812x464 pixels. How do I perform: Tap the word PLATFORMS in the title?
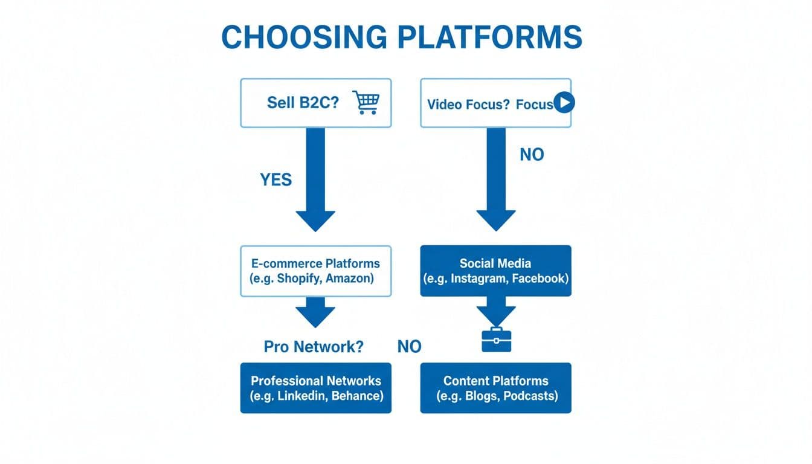coord(489,37)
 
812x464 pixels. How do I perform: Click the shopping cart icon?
coord(366,103)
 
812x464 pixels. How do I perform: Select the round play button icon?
coord(564,103)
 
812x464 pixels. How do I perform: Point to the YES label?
coord(275,179)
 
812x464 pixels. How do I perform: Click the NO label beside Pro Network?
coord(409,347)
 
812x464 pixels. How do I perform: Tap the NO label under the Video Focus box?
coord(532,155)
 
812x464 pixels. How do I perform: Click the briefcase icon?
coord(496,340)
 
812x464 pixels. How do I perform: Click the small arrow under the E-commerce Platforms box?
coord(315,312)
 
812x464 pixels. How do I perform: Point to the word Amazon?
coord(352,279)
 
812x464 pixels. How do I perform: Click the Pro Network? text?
coord(314,347)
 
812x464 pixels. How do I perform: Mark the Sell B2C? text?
coord(303,103)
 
